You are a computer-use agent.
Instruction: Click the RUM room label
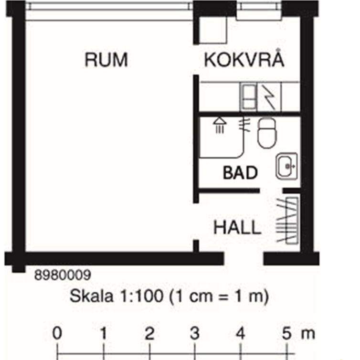[106, 60]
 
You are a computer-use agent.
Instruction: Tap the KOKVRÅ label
[244, 60]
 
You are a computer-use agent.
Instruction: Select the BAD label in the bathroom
[240, 172]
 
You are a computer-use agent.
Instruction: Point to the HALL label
[237, 227]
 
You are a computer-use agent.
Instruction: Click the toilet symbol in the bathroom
[267, 133]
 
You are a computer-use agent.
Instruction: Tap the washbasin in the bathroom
[286, 165]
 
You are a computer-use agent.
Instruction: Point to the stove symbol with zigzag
[270, 96]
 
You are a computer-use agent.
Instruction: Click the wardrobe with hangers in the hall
[289, 220]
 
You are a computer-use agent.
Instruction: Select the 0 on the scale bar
[57, 334]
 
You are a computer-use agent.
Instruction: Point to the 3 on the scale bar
[194, 334]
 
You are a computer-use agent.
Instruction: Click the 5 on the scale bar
[286, 334]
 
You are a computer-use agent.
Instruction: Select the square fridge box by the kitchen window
[212, 32]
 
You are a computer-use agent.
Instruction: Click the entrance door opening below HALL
[244, 259]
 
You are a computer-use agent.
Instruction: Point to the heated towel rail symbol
[246, 125]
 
